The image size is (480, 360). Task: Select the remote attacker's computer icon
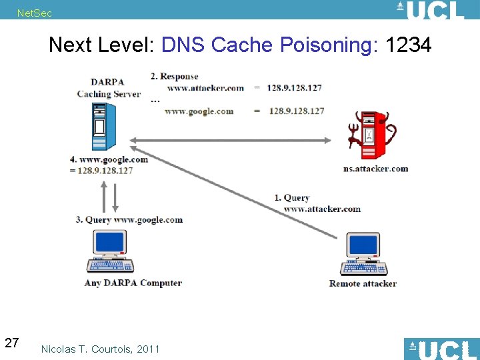click(363, 255)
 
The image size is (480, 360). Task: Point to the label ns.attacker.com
click(375, 169)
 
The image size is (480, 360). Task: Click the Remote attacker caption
click(363, 283)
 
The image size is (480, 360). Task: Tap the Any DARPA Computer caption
click(133, 283)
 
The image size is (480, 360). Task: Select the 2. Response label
click(175, 76)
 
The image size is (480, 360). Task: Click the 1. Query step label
click(292, 197)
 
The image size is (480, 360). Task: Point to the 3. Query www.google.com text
click(128, 219)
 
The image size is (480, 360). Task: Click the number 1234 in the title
click(409, 45)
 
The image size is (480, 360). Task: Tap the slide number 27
click(11, 343)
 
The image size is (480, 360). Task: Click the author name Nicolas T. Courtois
click(100, 349)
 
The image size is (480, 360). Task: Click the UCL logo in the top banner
click(430, 10)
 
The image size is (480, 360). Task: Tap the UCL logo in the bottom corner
click(441, 349)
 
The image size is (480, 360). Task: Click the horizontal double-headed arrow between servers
click(230, 140)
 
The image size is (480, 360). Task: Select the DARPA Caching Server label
click(109, 88)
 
